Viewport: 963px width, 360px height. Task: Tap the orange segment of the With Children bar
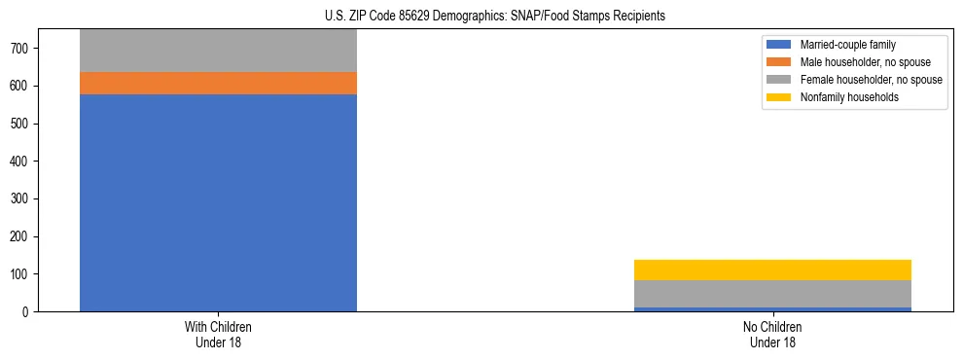(218, 83)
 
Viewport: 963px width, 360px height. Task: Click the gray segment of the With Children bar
(218, 51)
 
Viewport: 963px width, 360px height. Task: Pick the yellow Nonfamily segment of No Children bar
(772, 270)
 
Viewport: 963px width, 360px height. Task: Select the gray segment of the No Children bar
(772, 294)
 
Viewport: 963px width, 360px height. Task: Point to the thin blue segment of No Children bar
(772, 309)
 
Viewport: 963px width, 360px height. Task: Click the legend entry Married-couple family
(847, 45)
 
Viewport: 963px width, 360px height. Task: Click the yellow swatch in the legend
(779, 97)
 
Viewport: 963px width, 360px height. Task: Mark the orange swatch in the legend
(779, 62)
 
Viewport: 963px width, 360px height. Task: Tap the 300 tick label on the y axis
(28, 198)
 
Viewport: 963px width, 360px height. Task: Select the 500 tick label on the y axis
(28, 124)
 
